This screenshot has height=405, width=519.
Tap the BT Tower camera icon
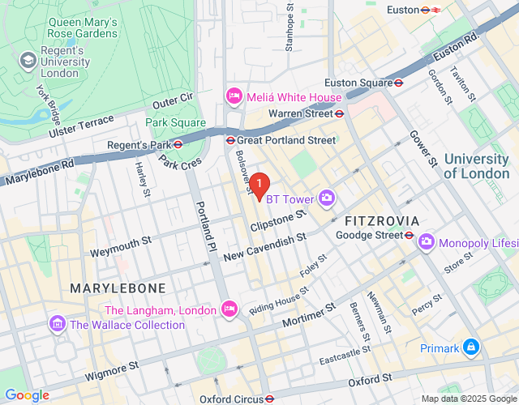(327, 197)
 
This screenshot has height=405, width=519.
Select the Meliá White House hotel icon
(234, 97)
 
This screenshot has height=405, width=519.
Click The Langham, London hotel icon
(229, 309)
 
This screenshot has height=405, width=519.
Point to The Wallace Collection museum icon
(58, 325)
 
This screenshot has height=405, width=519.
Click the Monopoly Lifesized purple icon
(426, 242)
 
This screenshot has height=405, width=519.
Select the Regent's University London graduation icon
(29, 61)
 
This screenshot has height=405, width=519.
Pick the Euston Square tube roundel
(399, 83)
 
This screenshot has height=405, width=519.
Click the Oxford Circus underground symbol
(269, 399)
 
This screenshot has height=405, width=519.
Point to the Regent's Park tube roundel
(177, 146)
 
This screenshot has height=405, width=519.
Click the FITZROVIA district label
(381, 220)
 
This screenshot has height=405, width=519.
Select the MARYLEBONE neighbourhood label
(118, 288)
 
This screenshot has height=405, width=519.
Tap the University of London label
(476, 166)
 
